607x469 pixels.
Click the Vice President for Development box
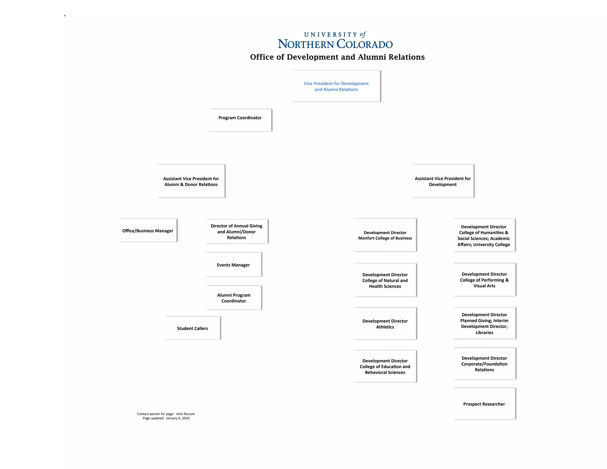336,86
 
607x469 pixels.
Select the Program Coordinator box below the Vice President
240,120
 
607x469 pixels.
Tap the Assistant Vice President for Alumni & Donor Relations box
191,181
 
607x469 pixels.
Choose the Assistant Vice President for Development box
443,181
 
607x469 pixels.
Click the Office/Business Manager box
148,231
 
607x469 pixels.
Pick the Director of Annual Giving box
237,232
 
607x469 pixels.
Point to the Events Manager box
233,265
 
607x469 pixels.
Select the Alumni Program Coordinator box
234,298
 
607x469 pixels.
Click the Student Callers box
193,328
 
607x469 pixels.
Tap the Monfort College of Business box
385,235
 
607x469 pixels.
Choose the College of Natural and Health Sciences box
385,280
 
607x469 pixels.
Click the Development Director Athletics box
385,324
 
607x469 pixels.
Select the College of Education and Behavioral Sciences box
385,366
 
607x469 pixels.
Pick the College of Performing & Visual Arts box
484,280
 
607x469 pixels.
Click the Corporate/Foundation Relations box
484,364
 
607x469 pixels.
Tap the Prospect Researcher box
484,404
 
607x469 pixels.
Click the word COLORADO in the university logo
365,44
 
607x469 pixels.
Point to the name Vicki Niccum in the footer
185,414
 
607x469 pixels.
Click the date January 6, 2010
178,418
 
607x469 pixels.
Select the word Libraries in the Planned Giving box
484,333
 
